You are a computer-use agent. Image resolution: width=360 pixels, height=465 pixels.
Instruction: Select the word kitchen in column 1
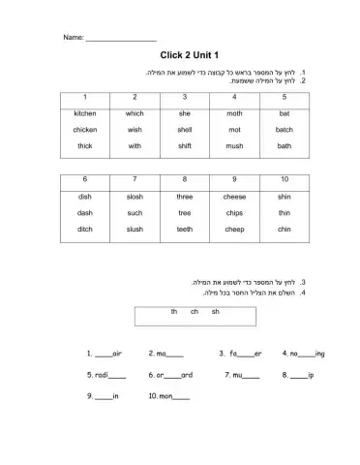point(85,113)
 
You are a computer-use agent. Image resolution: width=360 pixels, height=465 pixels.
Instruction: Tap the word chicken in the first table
point(85,130)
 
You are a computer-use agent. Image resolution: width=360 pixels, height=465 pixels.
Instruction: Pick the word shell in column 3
point(185,130)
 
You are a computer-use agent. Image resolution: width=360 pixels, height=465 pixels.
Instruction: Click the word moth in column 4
point(234,113)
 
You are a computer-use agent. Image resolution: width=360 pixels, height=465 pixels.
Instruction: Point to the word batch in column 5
point(284,130)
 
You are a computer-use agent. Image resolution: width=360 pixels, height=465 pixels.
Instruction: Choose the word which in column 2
point(135,113)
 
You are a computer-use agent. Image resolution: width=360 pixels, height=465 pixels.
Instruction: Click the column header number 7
point(135,180)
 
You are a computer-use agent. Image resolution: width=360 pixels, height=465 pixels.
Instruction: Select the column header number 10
point(284,180)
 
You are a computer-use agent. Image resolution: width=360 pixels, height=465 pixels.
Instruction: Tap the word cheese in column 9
point(234,197)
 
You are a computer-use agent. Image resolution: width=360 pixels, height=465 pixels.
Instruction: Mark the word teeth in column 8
point(185,230)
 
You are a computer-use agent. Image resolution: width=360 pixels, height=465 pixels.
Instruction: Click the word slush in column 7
point(135,230)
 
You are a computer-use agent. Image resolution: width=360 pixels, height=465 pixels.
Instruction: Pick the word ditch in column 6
point(85,230)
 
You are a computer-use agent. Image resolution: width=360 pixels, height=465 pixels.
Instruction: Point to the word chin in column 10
point(284,230)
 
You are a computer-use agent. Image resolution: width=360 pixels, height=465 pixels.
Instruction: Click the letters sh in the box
point(215,311)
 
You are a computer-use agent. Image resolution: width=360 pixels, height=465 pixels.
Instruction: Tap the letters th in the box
point(174,311)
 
